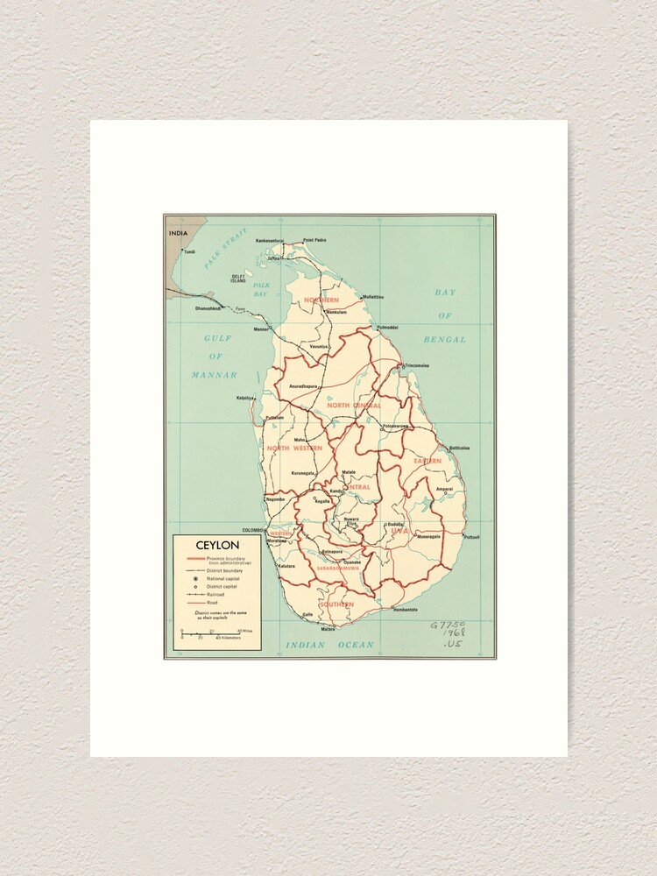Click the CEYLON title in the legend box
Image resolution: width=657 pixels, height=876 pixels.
coord(217,545)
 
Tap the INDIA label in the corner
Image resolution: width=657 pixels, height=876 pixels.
coord(179,234)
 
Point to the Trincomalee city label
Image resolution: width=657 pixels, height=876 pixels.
coord(416,365)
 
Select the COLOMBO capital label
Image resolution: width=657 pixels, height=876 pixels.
coord(253,530)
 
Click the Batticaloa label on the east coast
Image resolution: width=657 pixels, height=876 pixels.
coord(460,448)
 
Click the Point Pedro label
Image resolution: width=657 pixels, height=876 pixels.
coord(314,240)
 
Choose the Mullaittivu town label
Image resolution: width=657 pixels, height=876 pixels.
coord(367,297)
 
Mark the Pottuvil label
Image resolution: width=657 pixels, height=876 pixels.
coord(471,537)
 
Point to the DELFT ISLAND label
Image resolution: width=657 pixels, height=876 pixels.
coord(238,279)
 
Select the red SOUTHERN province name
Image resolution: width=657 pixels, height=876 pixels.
coord(336,604)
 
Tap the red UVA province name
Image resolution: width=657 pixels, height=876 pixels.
coord(399,531)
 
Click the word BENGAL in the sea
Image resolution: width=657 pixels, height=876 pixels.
coord(445,339)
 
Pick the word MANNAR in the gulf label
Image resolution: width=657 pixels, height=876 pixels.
coord(215,375)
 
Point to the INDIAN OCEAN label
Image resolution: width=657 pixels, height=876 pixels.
coord(329,645)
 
